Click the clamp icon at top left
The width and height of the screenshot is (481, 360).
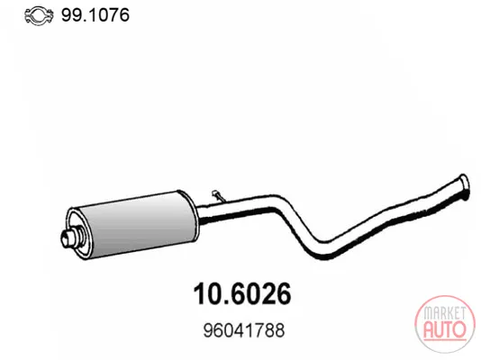pos(39,15)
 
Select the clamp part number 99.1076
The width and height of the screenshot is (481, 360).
pos(95,15)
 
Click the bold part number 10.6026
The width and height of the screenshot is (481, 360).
pos(241,293)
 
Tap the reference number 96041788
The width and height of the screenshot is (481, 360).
pos(244,330)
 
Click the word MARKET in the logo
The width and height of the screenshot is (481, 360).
pos(444,313)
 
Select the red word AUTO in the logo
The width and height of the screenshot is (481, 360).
pos(445,329)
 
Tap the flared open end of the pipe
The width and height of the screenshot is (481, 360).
pos(464,186)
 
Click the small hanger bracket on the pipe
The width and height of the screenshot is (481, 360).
pos(218,196)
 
